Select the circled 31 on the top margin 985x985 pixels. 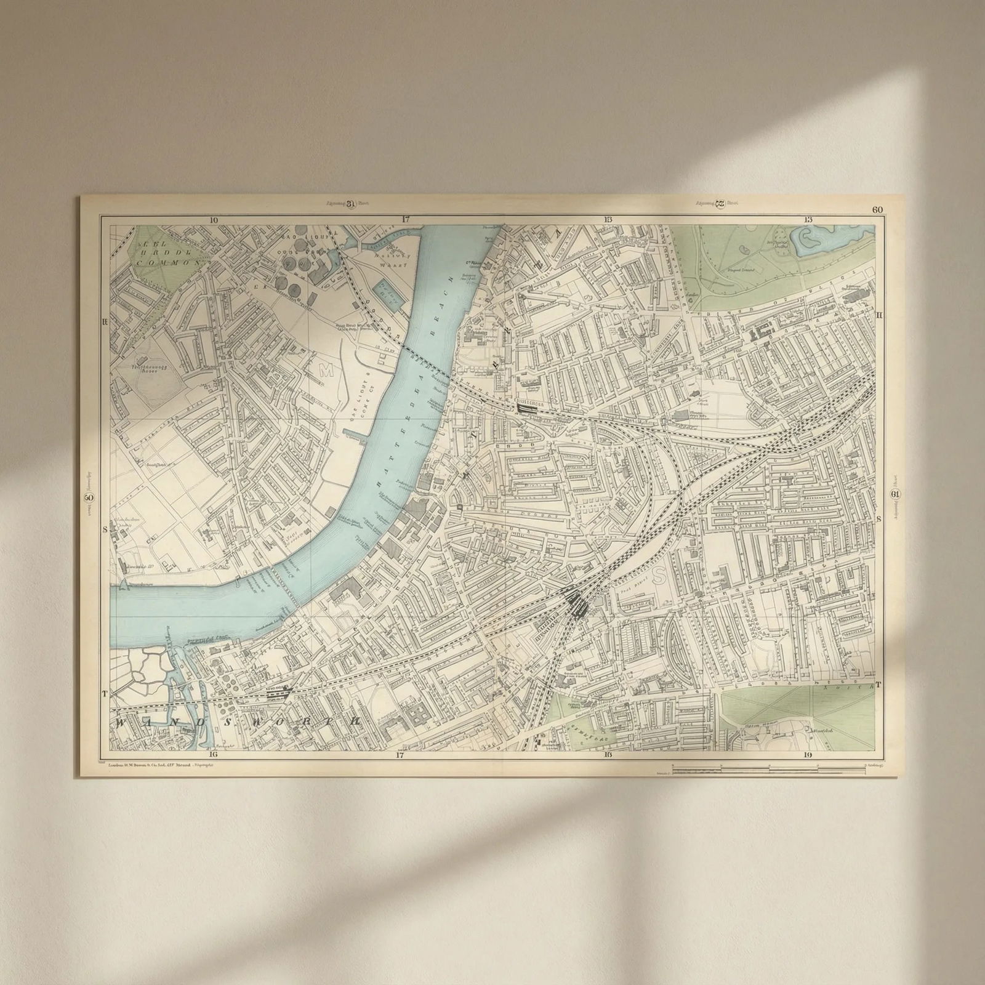[351, 204]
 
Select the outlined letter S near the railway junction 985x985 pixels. [660, 574]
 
